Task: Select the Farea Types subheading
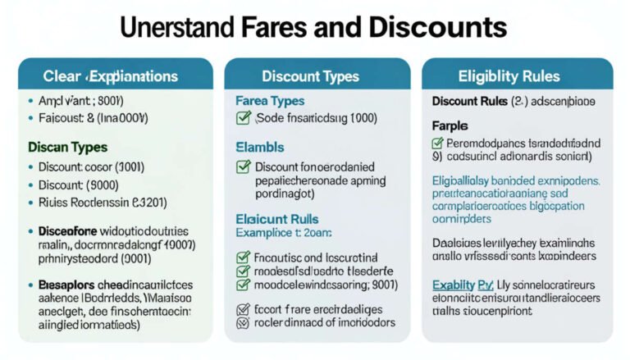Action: point(270,101)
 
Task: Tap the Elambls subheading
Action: point(260,148)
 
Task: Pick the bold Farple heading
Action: point(450,125)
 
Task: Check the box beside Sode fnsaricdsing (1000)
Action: point(243,119)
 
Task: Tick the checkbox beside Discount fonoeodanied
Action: point(243,167)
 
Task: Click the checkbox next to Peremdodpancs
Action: point(438,144)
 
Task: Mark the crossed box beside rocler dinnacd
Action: point(243,323)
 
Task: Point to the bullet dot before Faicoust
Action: point(31,119)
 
